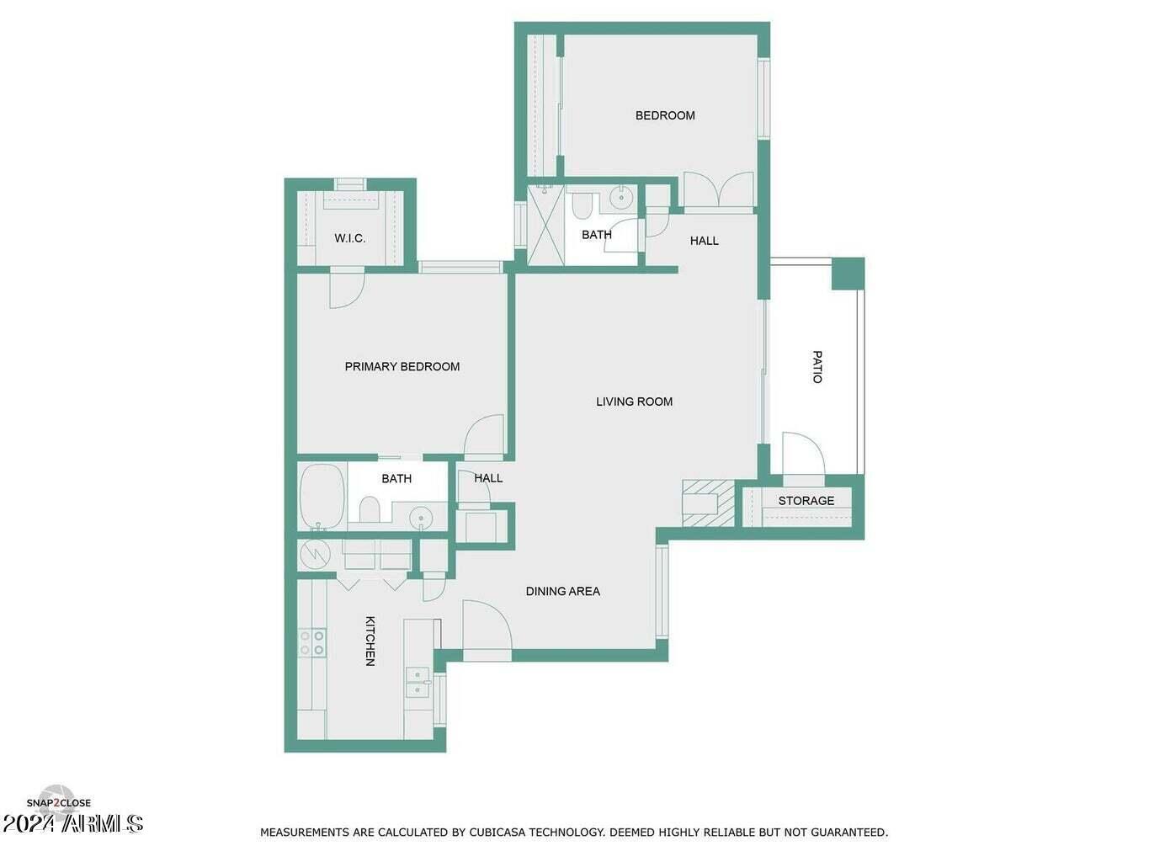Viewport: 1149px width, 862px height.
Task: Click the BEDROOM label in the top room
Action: point(665,115)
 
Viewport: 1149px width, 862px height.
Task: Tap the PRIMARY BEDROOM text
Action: point(402,366)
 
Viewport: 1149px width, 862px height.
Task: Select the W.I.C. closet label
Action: point(349,238)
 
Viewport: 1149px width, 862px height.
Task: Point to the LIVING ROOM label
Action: point(634,402)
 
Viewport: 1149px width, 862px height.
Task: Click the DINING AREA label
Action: point(562,591)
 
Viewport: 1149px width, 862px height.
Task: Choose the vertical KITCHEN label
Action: point(370,641)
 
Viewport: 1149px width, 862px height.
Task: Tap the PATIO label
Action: point(817,367)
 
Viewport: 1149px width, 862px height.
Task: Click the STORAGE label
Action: point(806,501)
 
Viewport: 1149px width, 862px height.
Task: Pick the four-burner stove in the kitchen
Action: point(312,642)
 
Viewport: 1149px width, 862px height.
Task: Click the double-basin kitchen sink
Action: point(417,683)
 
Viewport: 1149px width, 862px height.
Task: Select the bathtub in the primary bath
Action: point(322,495)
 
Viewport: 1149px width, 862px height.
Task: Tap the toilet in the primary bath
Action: point(369,509)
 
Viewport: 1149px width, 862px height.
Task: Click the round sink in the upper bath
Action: point(622,198)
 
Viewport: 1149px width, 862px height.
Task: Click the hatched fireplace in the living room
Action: point(707,503)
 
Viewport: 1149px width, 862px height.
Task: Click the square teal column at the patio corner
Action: point(848,274)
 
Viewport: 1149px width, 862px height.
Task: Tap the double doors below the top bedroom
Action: point(718,189)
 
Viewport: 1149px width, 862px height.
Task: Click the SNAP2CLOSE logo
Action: point(58,802)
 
